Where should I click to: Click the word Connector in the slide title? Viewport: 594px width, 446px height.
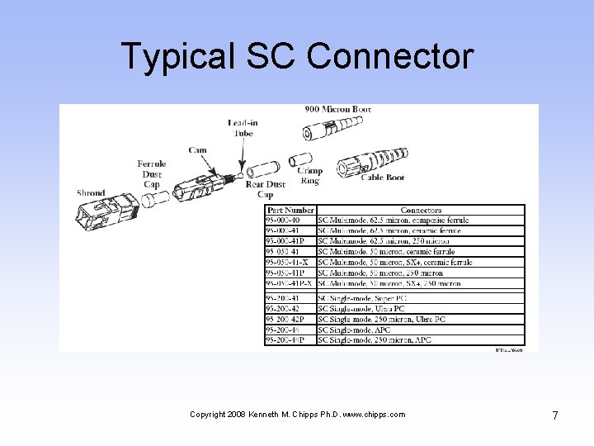click(x=389, y=56)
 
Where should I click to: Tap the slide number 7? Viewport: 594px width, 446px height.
click(x=555, y=415)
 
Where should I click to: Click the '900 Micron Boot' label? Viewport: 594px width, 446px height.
click(x=338, y=110)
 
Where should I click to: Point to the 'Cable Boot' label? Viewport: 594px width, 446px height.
click(x=383, y=177)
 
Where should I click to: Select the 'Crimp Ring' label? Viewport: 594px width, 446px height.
click(x=310, y=175)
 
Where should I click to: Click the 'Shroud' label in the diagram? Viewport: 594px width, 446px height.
click(x=91, y=193)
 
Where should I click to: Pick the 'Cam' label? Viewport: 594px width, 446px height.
click(x=197, y=150)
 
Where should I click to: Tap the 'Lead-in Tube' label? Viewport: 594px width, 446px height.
click(x=243, y=128)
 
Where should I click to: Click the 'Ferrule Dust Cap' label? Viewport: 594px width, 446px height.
click(x=151, y=174)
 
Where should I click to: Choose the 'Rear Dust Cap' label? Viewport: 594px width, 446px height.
click(x=265, y=189)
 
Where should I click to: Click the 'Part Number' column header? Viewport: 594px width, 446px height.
click(x=290, y=211)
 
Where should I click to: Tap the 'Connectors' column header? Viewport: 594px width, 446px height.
click(x=421, y=211)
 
